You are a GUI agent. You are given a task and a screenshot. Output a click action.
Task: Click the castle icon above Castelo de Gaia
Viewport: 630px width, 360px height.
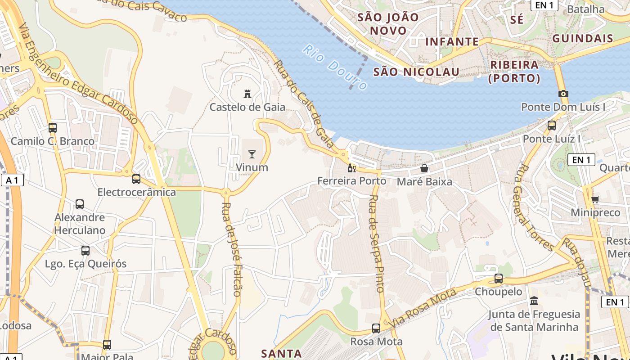pyautogui.click(x=247, y=94)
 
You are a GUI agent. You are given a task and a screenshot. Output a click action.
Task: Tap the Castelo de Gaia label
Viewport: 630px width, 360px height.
pyautogui.click(x=247, y=107)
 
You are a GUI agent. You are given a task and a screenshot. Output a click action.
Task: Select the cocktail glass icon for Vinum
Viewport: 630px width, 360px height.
pyautogui.click(x=252, y=154)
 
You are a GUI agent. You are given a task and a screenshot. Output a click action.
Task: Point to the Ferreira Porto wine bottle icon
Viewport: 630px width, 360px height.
pyautogui.click(x=351, y=168)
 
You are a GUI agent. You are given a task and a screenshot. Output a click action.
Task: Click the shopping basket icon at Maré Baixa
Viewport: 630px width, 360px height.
pyautogui.click(x=424, y=168)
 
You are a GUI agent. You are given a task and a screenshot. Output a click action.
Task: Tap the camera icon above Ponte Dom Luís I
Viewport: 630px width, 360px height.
pyautogui.click(x=563, y=94)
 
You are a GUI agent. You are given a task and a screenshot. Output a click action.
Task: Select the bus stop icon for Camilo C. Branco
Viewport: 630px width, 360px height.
pyautogui.click(x=53, y=127)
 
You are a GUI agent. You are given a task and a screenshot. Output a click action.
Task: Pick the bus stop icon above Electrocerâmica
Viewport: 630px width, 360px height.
pyautogui.click(x=136, y=179)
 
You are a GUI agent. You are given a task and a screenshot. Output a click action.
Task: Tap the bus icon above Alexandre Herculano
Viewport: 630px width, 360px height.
pyautogui.click(x=80, y=204)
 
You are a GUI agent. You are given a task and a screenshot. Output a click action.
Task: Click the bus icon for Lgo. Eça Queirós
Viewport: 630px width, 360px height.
pyautogui.click(x=85, y=251)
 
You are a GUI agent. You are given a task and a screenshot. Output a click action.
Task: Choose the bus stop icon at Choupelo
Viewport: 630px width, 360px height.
pyautogui.click(x=499, y=279)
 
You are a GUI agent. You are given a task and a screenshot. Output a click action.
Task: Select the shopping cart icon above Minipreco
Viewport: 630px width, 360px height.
pyautogui.click(x=595, y=199)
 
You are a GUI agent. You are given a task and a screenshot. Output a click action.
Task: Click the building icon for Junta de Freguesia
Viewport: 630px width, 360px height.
pyautogui.click(x=534, y=301)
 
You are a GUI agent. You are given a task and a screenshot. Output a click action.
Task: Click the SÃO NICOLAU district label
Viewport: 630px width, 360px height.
pyautogui.click(x=416, y=72)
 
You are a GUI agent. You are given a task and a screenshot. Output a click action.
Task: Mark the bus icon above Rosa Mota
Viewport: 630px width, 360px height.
pyautogui.click(x=376, y=328)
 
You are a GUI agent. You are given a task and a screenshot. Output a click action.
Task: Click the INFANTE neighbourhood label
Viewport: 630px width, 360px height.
pyautogui.click(x=452, y=42)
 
